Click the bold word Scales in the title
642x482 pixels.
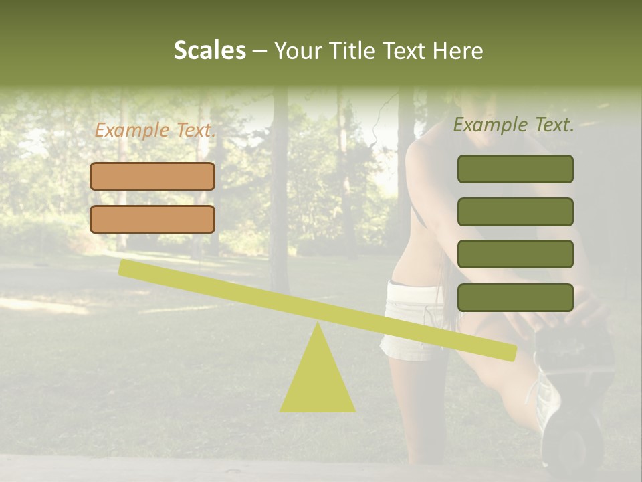209,50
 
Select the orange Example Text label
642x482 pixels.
155,130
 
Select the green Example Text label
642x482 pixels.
514,125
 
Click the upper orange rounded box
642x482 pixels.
152,176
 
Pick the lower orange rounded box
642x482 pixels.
152,219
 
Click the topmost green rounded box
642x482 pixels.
515,169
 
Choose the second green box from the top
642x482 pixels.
515,212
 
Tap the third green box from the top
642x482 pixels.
515,254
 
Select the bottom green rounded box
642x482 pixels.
515,297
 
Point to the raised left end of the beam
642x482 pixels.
124,268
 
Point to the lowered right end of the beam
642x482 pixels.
511,353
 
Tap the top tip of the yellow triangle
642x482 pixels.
318,324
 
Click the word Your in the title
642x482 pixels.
297,50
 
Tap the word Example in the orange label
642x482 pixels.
132,130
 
